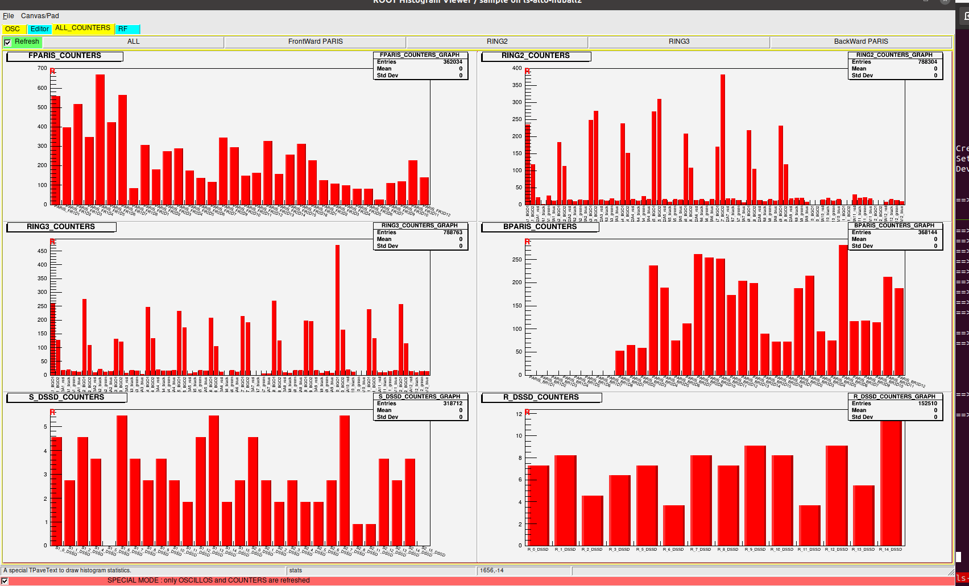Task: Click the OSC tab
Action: (x=12, y=29)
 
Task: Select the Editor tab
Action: (x=39, y=29)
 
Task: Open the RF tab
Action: (x=127, y=29)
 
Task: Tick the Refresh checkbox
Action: (x=8, y=43)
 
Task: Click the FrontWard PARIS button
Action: (x=315, y=41)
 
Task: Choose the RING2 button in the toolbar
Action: (x=497, y=41)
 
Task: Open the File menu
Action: (x=8, y=16)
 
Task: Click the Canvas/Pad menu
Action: (x=40, y=16)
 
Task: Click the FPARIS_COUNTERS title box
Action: (x=65, y=56)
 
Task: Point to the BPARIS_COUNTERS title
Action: (x=540, y=227)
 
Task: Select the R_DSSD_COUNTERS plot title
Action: (x=541, y=397)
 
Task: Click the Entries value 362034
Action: (x=453, y=62)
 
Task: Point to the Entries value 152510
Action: (x=927, y=404)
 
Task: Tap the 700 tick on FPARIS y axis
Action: (x=43, y=68)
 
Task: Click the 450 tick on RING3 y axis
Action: (x=43, y=251)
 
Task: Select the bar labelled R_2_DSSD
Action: (x=593, y=520)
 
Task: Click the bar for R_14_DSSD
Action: (x=891, y=483)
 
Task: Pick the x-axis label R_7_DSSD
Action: (x=701, y=550)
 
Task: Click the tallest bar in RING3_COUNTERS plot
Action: (x=337, y=310)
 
